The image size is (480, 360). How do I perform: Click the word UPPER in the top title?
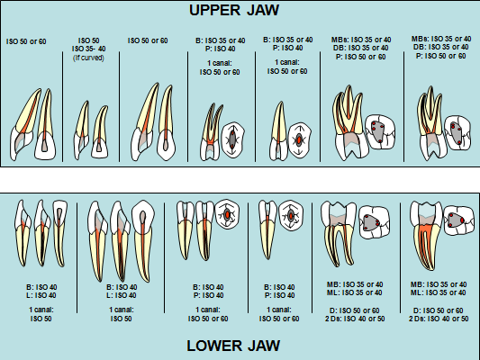point(217,11)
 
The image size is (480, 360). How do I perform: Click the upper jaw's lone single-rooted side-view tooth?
point(280,130)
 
